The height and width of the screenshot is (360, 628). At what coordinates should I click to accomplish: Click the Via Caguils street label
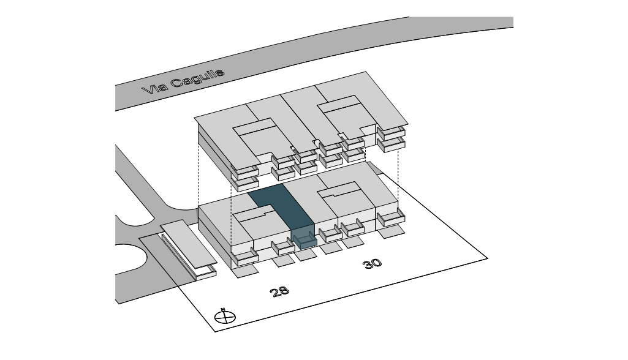[x=183, y=81]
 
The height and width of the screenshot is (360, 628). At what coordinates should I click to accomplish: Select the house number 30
[x=372, y=264]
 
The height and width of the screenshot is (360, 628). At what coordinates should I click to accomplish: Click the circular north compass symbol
[x=225, y=317]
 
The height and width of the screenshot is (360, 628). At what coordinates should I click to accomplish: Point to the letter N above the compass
[x=224, y=309]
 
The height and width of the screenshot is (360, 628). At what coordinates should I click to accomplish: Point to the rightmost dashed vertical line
[x=399, y=178]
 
